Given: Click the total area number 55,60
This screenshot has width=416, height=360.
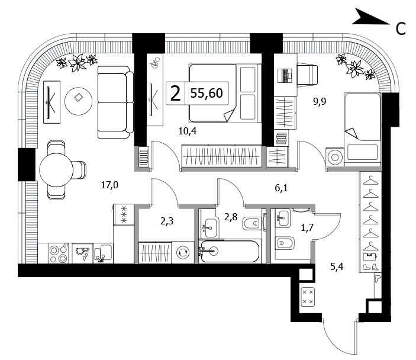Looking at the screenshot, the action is (207, 93).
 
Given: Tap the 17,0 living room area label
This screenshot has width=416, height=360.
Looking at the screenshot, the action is (109, 185).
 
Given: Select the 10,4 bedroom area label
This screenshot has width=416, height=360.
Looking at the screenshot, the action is (188, 131).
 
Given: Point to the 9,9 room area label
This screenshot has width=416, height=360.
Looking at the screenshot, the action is (320, 101).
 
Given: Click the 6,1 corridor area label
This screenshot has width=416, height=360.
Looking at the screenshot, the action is (281, 188).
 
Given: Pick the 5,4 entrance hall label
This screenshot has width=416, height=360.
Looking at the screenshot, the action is (337, 266).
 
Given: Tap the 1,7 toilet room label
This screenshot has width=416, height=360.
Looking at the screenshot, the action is (307, 227).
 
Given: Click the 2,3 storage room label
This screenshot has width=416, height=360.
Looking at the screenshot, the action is (167, 221).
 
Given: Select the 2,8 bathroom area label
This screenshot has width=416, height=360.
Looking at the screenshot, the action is (231, 217).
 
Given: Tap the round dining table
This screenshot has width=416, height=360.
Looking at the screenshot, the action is (56, 170).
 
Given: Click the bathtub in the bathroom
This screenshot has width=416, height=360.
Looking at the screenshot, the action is (229, 251).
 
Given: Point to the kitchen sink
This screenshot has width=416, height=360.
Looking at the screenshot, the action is (104, 253).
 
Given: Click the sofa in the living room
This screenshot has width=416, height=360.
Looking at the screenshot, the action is (115, 102).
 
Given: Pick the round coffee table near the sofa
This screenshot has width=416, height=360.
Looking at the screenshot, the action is (79, 101).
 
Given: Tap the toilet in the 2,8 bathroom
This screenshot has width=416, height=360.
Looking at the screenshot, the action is (251, 223).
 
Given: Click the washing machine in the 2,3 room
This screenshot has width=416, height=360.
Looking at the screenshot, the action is (183, 252).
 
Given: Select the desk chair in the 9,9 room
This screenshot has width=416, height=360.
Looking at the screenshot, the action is (307, 75).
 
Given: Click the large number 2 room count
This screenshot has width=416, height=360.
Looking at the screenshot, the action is (175, 94).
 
